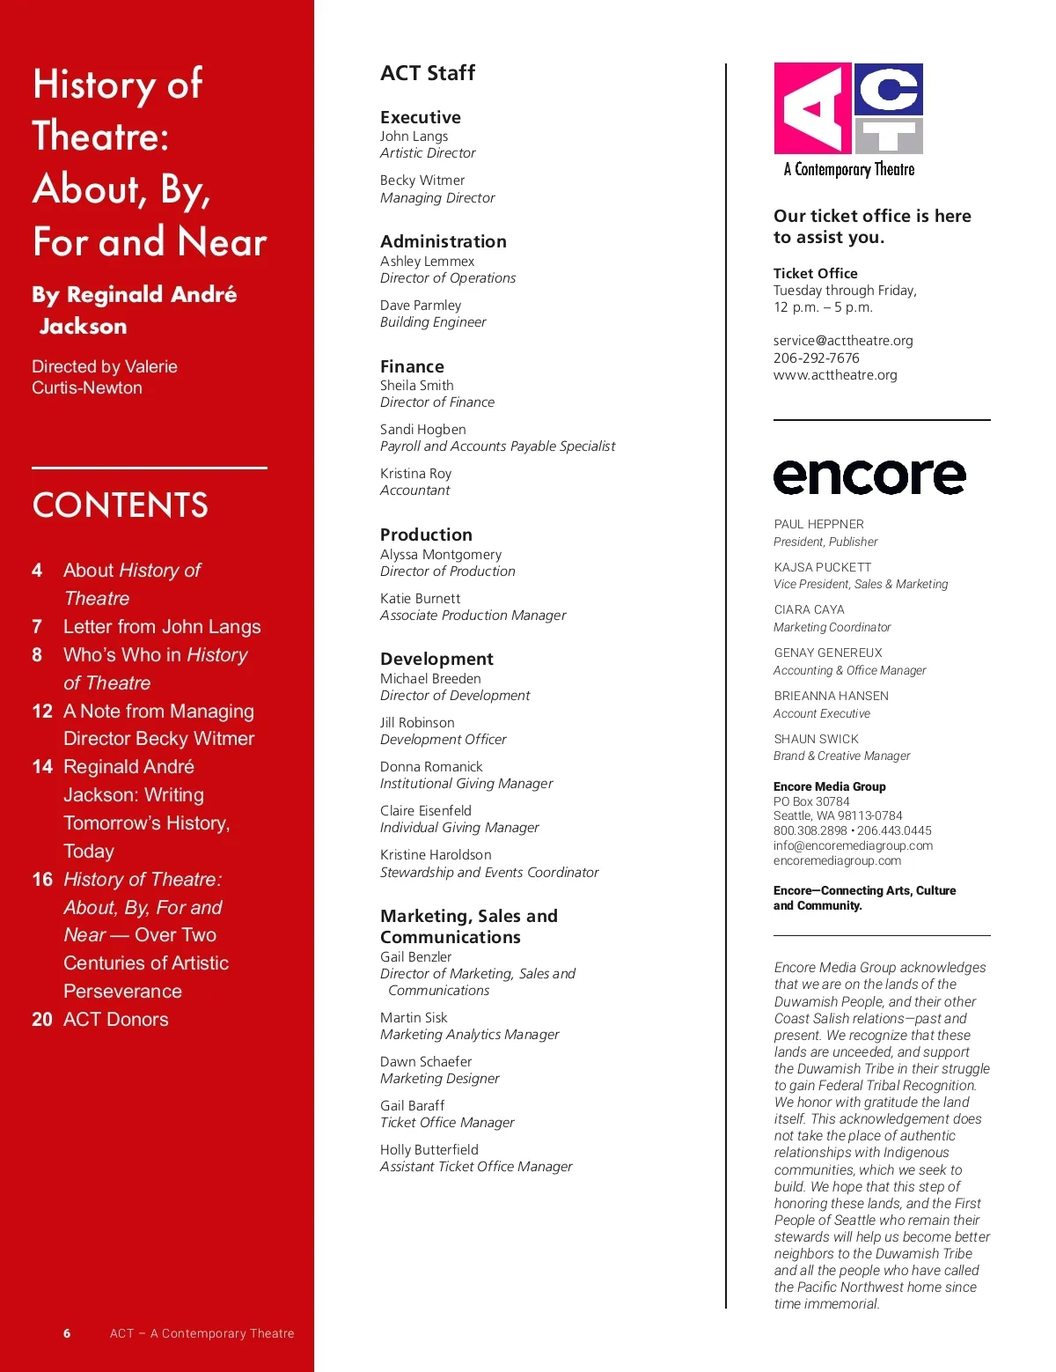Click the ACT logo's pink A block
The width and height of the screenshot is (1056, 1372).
(812, 108)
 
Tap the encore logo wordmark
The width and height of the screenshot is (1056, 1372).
(869, 476)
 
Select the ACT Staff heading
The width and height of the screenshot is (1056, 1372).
(428, 73)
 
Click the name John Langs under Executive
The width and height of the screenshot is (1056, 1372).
(414, 136)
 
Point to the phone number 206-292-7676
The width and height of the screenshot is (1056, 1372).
(816, 358)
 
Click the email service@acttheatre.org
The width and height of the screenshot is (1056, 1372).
(843, 341)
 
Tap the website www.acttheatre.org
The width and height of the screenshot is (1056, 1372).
(835, 375)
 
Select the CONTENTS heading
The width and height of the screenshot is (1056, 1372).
(121, 505)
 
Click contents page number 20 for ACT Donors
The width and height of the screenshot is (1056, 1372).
(42, 1020)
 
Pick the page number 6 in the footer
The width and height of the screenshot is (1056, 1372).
(67, 1333)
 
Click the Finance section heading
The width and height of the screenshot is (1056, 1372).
(412, 366)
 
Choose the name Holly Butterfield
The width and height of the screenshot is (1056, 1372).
(429, 1150)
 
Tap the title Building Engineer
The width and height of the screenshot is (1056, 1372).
(433, 322)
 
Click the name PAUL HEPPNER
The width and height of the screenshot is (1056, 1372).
(818, 524)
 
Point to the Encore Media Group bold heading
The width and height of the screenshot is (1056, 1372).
(829, 786)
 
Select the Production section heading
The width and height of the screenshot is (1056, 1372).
(426, 535)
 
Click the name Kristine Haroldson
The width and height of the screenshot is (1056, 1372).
(436, 855)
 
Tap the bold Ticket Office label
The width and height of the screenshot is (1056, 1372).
(815, 274)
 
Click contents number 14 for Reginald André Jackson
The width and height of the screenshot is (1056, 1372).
(42, 767)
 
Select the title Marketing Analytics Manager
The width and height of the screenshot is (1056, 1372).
(469, 1035)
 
